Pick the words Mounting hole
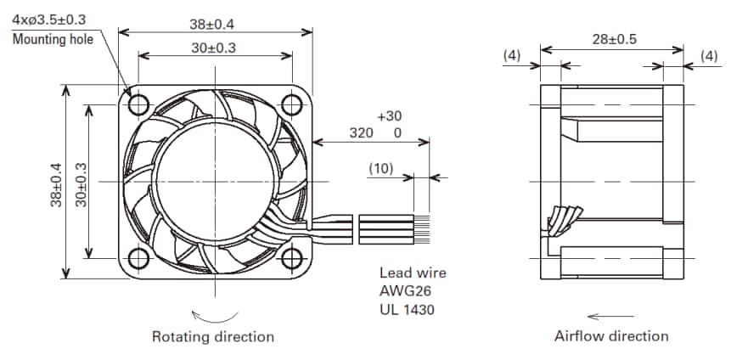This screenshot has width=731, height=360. pos(50,38)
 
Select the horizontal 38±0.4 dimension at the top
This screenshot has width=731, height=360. pos(215,23)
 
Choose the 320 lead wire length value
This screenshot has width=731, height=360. pos(362,133)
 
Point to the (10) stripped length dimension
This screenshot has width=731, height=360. pos(380,168)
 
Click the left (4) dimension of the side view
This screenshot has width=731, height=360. pos(512,55)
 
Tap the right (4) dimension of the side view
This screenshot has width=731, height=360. pos(709,55)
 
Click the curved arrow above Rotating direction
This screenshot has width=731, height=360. pos(211,312)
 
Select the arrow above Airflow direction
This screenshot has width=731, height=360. pos(610,316)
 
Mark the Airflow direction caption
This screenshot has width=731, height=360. pos(611,336)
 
